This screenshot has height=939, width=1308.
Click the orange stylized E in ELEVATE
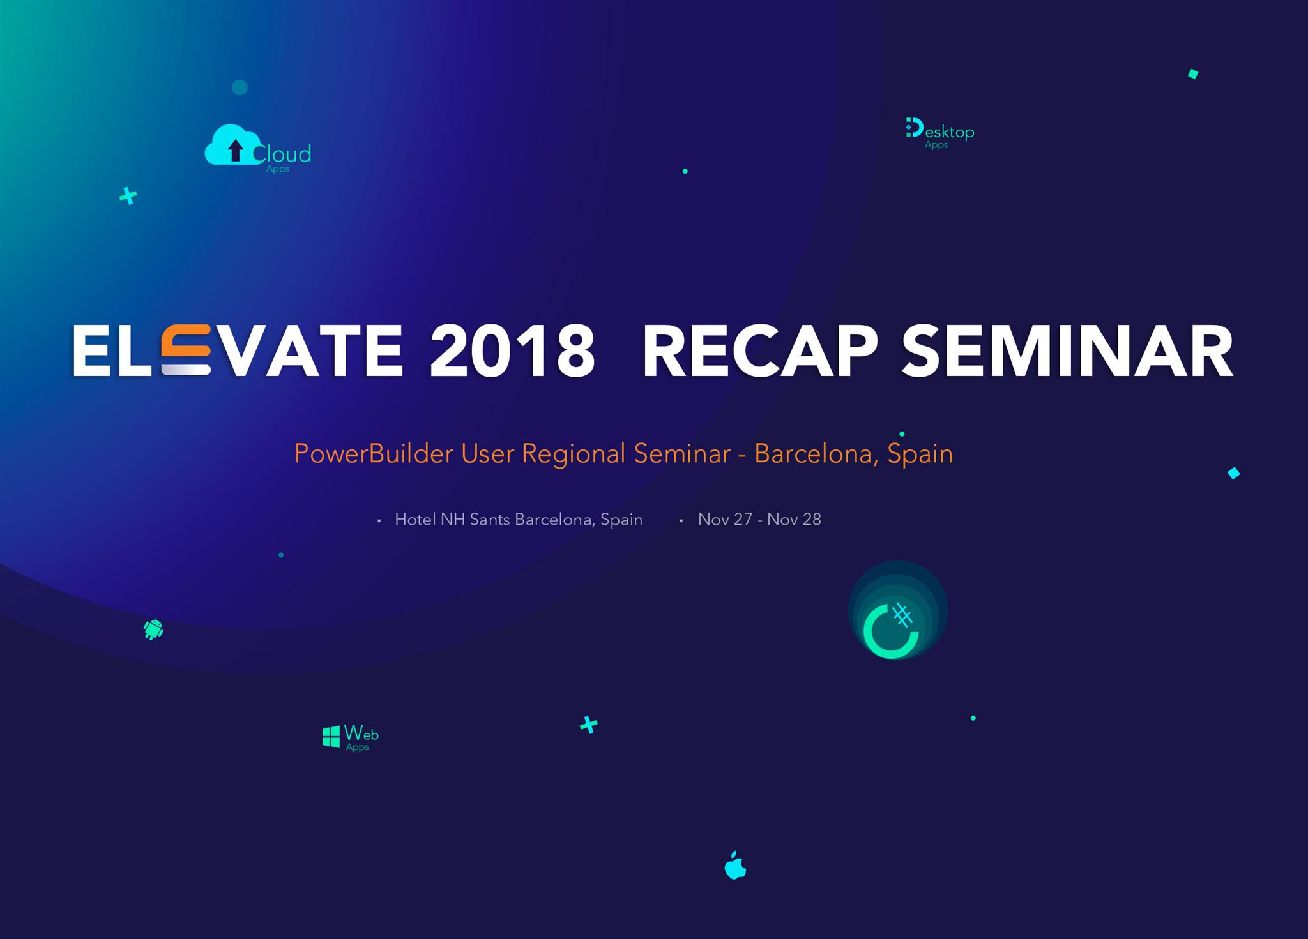pyautogui.click(x=186, y=350)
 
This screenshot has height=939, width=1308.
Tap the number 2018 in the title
pyautogui.click(x=513, y=350)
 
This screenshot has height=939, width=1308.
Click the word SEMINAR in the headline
pyautogui.click(x=1067, y=350)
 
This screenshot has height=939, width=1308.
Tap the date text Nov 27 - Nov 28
pyautogui.click(x=759, y=520)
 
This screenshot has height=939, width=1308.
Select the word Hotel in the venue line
pyautogui.click(x=415, y=520)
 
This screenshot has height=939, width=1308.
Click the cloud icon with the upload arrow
pyautogui.click(x=233, y=145)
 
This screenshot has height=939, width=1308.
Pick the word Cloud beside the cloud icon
pyautogui.click(x=282, y=154)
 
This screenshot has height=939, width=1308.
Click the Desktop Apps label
pyautogui.click(x=940, y=133)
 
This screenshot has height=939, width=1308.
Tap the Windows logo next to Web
pyautogui.click(x=331, y=737)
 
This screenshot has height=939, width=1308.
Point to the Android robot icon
pyautogui.click(x=153, y=629)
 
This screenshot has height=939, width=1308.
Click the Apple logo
pyautogui.click(x=735, y=865)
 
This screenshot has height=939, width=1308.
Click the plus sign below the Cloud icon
pyautogui.click(x=128, y=196)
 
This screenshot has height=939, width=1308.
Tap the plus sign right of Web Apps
pyautogui.click(x=589, y=725)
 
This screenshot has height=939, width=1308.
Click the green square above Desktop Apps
pyautogui.click(x=1193, y=74)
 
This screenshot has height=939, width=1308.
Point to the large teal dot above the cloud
pyautogui.click(x=240, y=87)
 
